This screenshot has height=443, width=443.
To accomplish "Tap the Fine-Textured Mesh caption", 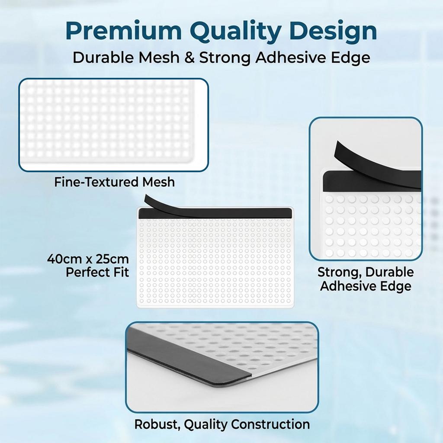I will click(x=114, y=182).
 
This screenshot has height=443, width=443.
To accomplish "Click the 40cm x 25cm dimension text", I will click(x=88, y=260).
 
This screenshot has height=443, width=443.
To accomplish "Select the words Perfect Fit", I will click(x=97, y=273).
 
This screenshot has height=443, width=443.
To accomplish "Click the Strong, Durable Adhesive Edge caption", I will click(x=366, y=279).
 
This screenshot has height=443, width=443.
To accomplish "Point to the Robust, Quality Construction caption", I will click(x=222, y=424).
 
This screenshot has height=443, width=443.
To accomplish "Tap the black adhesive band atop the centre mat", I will click(x=216, y=213).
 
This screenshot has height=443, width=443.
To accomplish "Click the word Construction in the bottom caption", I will click(x=270, y=424).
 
